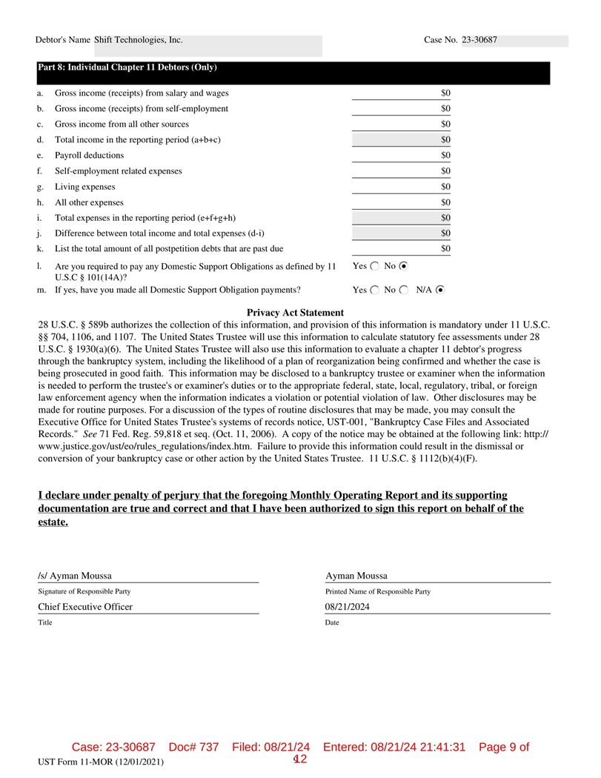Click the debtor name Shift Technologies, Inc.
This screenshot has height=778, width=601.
pos(139,40)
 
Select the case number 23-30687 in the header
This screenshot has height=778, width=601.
pos(479,40)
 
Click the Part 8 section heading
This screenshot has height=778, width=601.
pos(127,67)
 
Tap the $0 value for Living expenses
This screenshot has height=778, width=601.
pos(445,187)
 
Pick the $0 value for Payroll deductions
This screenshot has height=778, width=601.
pos(445,156)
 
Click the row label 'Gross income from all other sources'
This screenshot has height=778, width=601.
pos(122,124)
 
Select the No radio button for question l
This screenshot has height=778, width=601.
pos(403,265)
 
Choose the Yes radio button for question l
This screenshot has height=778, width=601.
pos(373,265)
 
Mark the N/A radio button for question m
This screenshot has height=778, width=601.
pos(441,290)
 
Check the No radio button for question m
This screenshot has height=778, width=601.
pos(403,290)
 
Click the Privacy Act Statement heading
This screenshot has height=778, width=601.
pos(295,313)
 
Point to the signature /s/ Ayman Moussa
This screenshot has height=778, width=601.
pos(75,576)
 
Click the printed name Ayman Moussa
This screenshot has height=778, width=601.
pos(356,576)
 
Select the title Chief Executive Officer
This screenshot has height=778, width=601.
pos(85,607)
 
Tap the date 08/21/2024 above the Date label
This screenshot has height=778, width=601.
pos(348,607)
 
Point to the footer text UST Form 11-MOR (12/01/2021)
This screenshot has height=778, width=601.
pos(102,762)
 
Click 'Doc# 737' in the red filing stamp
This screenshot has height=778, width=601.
pos(194,747)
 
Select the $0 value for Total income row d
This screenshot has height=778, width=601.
pos(445,140)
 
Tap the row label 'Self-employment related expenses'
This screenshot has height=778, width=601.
pos(119,171)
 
